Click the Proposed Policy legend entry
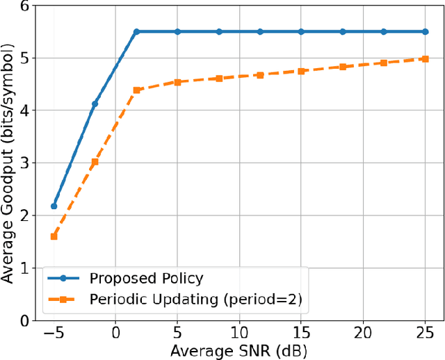tap(146, 279)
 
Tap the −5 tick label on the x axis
tap(54, 334)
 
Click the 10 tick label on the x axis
tap(239, 334)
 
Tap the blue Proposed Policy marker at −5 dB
tap(54, 206)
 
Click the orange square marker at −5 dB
tap(54, 236)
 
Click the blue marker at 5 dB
tap(177, 32)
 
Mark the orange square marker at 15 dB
tap(301, 72)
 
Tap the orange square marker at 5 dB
tap(177, 82)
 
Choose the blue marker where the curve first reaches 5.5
tap(136, 32)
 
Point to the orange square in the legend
tap(63, 300)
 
